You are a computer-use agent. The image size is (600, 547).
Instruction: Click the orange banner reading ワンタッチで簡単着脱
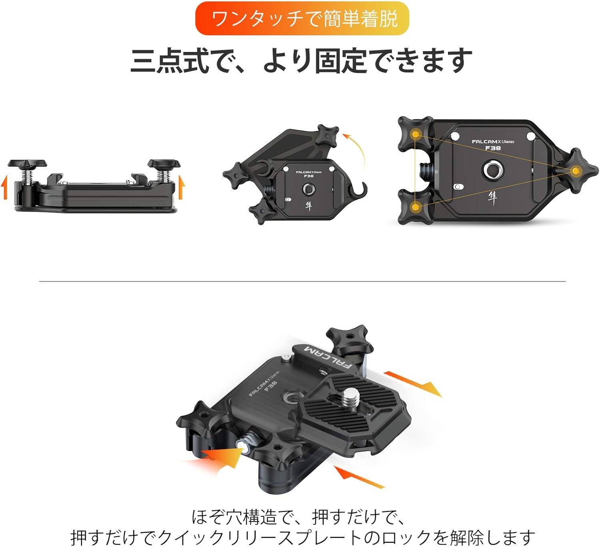click(302, 18)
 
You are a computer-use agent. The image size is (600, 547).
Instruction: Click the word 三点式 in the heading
click(170, 61)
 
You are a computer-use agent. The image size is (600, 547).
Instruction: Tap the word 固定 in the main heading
click(340, 61)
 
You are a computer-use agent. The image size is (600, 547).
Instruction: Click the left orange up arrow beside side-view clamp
click(4, 187)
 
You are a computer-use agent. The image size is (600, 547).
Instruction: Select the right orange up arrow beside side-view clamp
click(181, 187)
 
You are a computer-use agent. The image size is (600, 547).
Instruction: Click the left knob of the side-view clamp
click(27, 164)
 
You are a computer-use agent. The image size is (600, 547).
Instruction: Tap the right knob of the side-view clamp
click(164, 164)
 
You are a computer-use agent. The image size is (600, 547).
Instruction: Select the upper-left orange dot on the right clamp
click(416, 134)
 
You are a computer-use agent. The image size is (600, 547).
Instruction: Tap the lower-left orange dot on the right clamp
click(416, 207)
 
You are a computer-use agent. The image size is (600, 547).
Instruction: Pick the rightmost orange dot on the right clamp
click(576, 171)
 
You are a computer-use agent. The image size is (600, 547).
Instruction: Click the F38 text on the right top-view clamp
click(493, 148)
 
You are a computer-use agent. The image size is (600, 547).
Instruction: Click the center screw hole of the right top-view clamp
click(492, 170)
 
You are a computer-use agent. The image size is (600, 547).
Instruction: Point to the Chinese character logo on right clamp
click(492, 198)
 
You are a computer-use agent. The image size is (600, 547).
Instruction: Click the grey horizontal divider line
click(302, 281)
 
